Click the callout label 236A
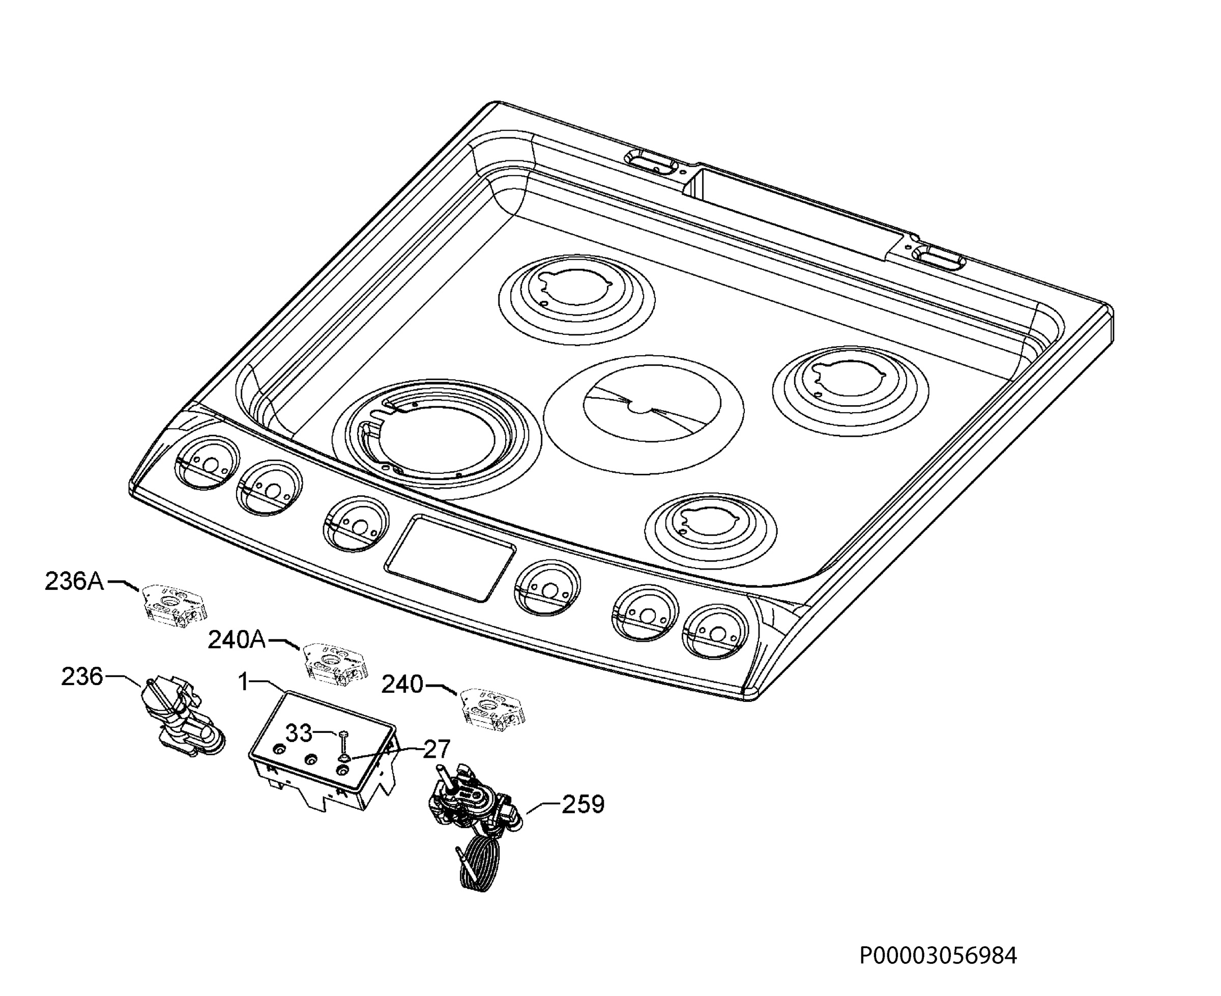coord(75,582)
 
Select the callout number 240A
coord(237,640)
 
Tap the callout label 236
coord(82,677)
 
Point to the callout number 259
coord(583,804)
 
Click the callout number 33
coord(299,733)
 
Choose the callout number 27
coord(437,749)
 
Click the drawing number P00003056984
coord(938,956)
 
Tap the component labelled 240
coord(494,709)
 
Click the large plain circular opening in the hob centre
coord(644,414)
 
